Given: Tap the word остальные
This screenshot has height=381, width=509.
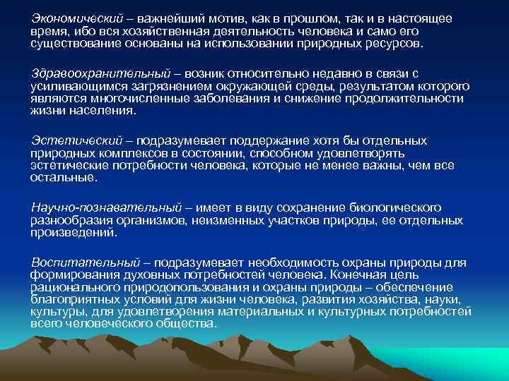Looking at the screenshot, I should (62, 177).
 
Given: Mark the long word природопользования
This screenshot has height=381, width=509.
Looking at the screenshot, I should (164, 288).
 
